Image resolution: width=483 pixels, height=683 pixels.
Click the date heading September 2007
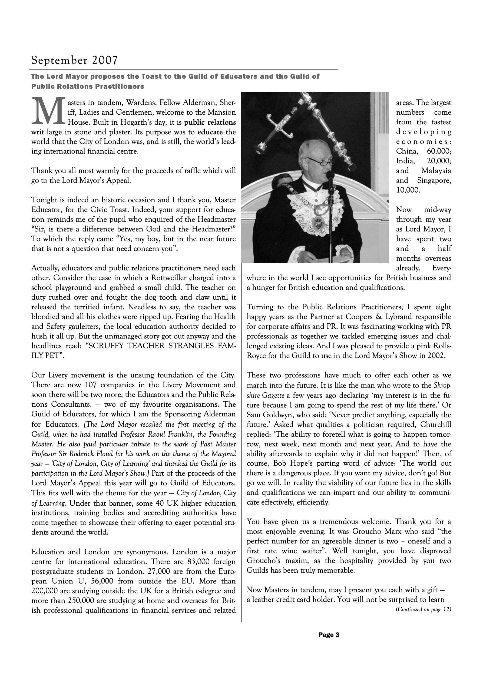(74, 60)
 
